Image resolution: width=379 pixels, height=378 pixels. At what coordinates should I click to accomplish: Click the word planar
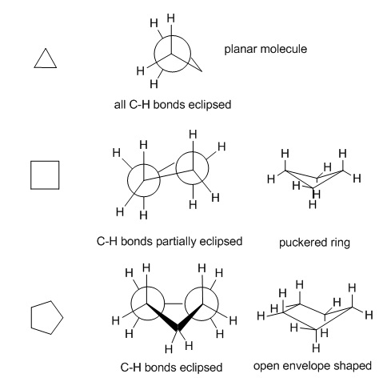coord(240,50)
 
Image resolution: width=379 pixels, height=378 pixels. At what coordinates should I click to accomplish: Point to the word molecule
coord(283,49)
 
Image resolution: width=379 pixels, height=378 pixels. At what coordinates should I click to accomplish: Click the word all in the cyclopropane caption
coord(120,104)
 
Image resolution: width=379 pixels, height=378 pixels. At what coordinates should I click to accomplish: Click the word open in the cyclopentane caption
coord(267,366)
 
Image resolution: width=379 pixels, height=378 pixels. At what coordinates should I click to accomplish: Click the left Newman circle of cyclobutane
coord(128,180)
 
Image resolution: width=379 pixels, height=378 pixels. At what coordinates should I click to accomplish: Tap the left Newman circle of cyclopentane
coord(131,304)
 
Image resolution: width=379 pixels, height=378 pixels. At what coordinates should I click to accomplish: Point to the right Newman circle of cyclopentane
coord(218,304)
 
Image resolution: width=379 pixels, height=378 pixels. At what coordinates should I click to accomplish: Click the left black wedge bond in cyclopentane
coord(162,316)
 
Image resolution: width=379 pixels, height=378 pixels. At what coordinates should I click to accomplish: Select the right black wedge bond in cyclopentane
coord(189,316)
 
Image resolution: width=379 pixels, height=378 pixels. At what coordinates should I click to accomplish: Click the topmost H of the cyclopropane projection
coord(171,18)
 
